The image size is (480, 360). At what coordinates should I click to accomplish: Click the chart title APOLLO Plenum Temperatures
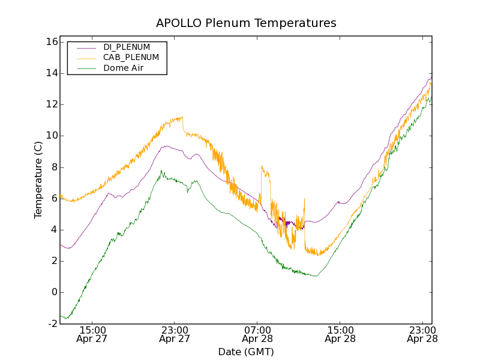coord(246,23)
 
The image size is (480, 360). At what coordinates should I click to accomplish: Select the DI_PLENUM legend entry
coord(127,47)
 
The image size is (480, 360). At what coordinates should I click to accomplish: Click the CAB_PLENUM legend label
coord(131,58)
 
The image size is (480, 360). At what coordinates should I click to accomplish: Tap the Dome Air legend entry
coord(123,68)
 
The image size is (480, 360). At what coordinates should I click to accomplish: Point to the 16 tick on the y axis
coord(50,42)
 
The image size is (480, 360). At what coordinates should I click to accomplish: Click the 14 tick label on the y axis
coord(50,73)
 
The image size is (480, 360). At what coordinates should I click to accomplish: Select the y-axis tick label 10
coord(50,136)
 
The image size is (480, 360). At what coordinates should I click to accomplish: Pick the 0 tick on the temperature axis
coord(53,292)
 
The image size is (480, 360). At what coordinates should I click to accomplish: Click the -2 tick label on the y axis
coord(52,323)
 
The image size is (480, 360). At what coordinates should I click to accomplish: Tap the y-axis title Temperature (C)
coord(38,180)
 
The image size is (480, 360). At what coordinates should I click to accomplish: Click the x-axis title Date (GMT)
coord(246,352)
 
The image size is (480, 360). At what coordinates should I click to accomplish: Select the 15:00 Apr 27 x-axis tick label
coord(93,334)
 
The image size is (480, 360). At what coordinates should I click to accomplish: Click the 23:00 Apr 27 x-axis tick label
coord(175,334)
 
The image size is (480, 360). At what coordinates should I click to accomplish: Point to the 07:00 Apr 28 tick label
coord(257,334)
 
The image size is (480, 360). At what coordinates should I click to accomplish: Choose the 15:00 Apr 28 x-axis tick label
coord(340,334)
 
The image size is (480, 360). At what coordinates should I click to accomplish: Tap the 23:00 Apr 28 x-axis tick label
coord(422,334)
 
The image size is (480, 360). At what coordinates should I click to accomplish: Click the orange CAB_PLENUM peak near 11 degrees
coord(181,117)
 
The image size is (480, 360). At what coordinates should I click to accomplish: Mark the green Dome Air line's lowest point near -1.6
coord(67,318)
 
